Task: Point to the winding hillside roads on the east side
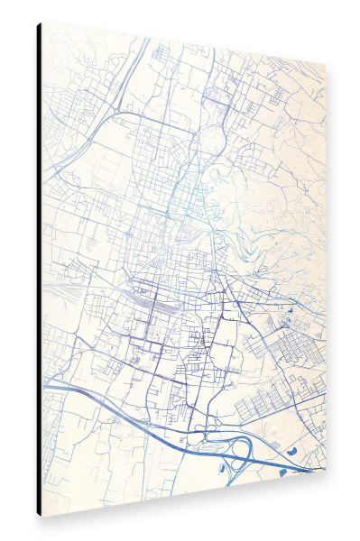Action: pos(271,225)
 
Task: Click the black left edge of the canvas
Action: pos(39,270)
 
